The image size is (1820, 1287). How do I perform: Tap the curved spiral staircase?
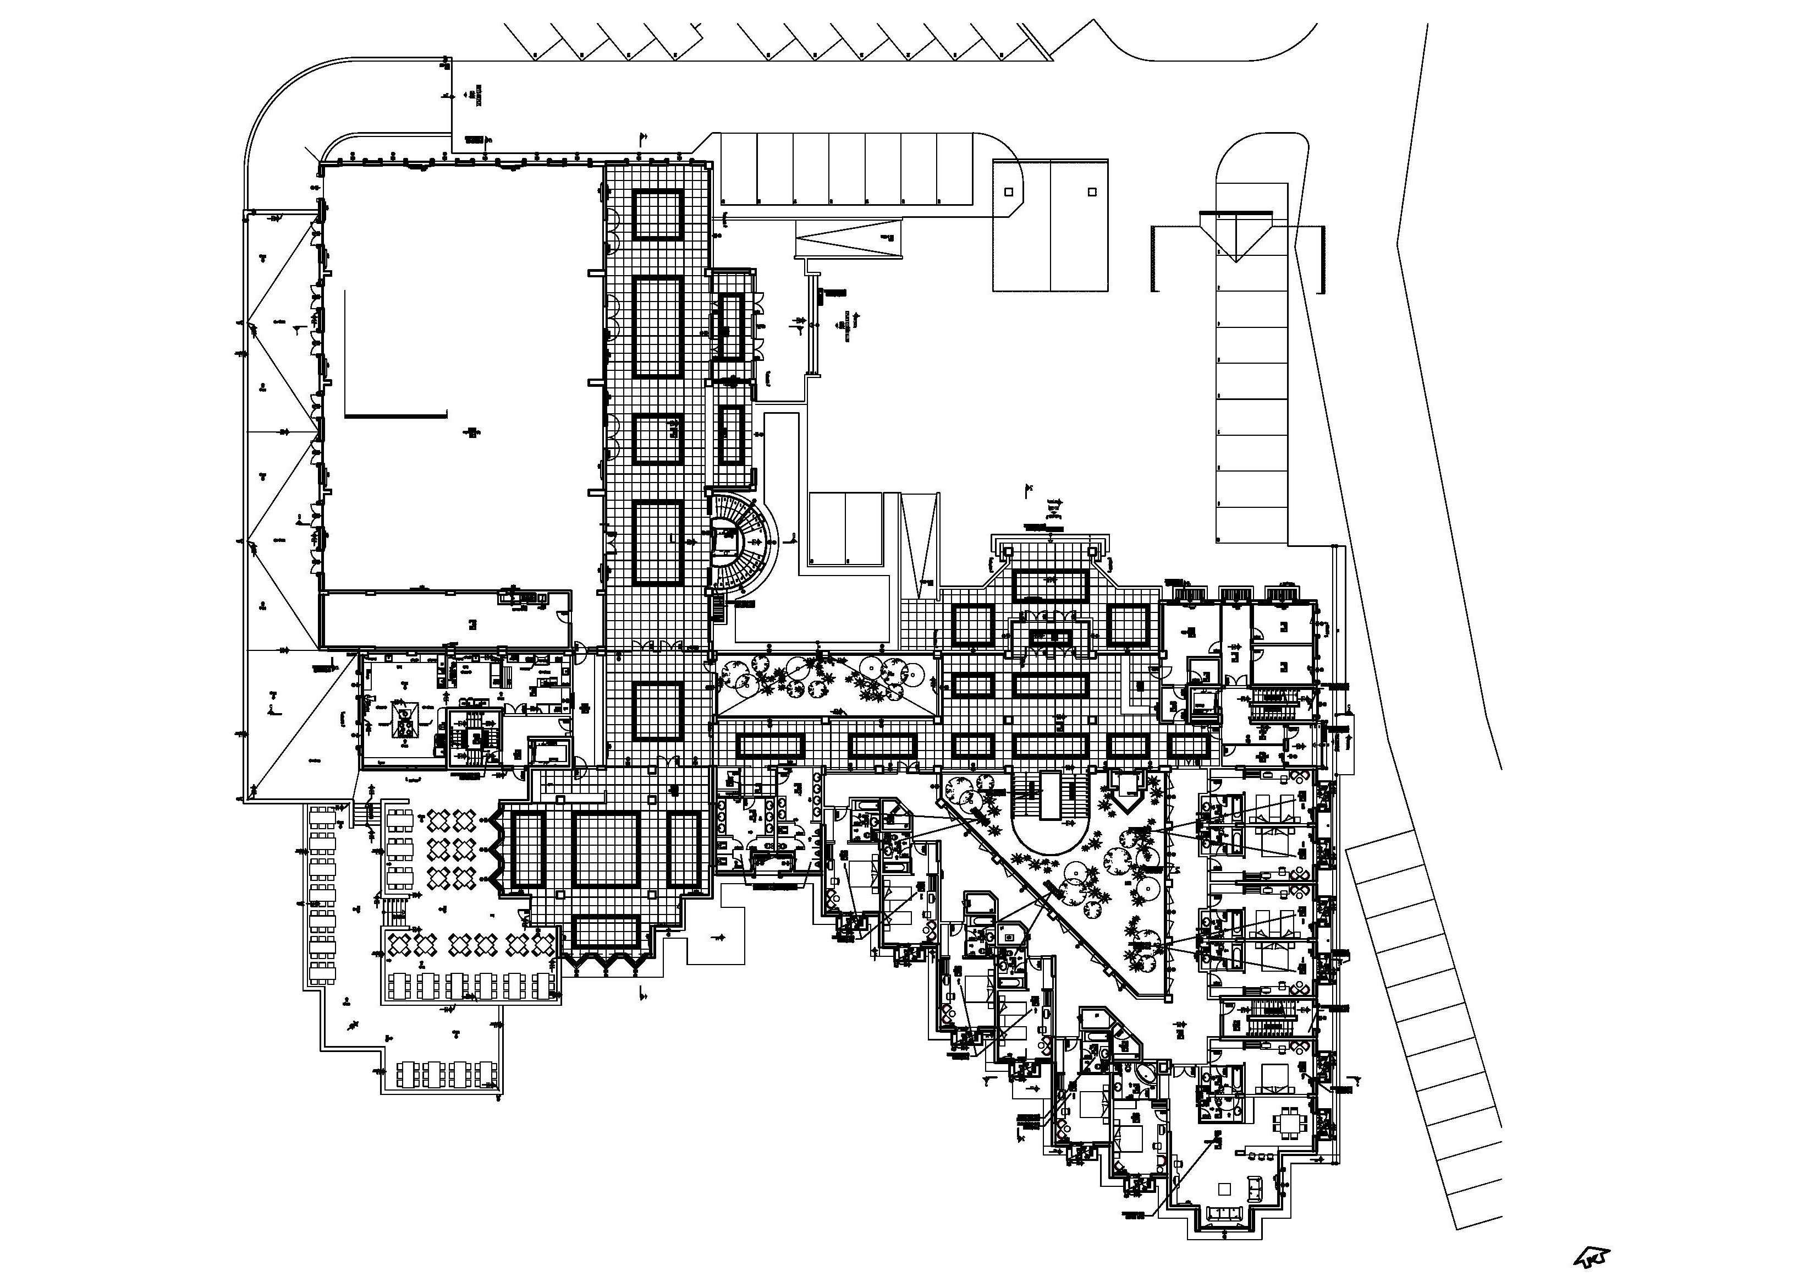[x=741, y=543]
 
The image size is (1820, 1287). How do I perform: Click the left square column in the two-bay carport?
[x=1008, y=191]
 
